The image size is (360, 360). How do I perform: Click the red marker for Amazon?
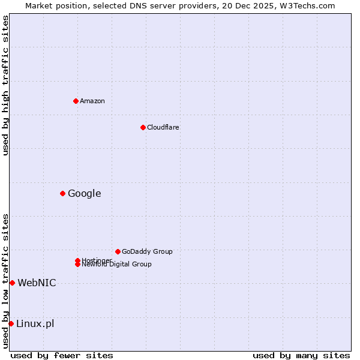[76, 101]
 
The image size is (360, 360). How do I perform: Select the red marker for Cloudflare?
[143, 127]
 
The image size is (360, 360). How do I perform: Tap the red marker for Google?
[62, 193]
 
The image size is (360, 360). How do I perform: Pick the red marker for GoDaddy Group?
[118, 251]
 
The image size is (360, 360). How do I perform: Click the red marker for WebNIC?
[12, 283]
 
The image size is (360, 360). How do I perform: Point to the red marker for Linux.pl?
[11, 324]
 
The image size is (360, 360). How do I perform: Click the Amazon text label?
[92, 101]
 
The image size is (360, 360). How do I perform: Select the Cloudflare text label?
[163, 127]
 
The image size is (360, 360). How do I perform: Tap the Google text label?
[84, 193]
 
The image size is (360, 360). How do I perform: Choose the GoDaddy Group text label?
[147, 251]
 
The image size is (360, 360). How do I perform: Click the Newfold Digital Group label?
[116, 265]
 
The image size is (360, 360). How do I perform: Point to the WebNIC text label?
[37, 283]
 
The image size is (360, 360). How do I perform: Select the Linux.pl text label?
[35, 324]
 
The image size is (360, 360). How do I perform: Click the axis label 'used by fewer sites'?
[62, 355]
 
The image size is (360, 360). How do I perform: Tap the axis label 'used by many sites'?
[301, 355]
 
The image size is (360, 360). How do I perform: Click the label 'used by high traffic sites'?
[5, 85]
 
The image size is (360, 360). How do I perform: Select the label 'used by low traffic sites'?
[5, 281]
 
